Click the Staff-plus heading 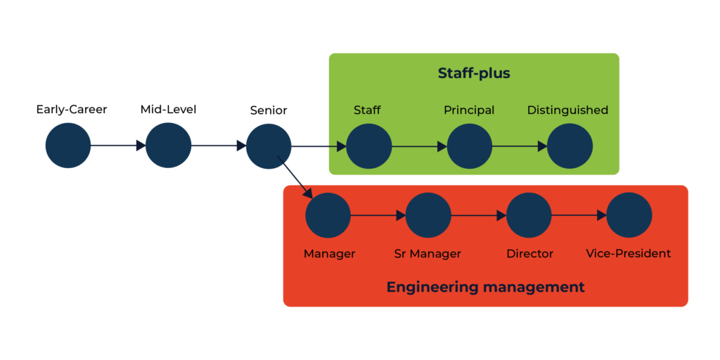(474, 73)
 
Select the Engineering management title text (485, 287)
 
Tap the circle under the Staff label (368, 146)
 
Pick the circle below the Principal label (469, 146)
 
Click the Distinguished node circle (570, 146)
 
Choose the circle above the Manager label (328, 215)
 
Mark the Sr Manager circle (428, 215)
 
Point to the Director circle (529, 215)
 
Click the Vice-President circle (629, 215)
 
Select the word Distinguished (567, 110)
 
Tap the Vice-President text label (629, 253)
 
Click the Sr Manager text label (427, 253)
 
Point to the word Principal (469, 110)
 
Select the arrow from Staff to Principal (419, 147)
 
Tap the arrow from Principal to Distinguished (520, 147)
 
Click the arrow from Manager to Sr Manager (378, 215)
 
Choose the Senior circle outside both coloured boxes (269, 146)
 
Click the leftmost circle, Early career (68, 146)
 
